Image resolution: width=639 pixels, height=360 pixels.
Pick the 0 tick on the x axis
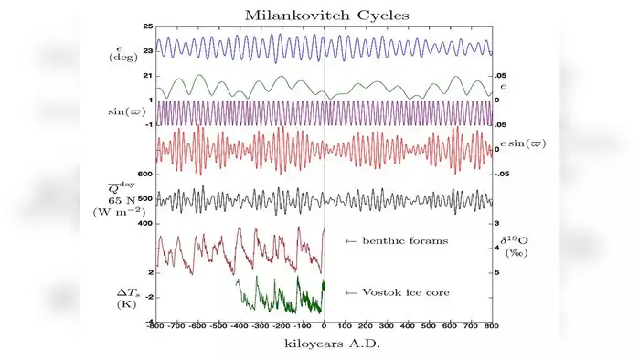tap(325, 326)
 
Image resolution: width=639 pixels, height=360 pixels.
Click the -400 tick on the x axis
tap(240, 326)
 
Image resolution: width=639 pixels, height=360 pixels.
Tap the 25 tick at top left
tap(146, 27)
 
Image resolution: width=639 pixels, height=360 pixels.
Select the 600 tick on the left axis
tap(144, 174)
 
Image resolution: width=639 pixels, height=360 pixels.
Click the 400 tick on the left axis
tap(144, 223)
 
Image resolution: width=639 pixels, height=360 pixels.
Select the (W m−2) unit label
tap(121, 212)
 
